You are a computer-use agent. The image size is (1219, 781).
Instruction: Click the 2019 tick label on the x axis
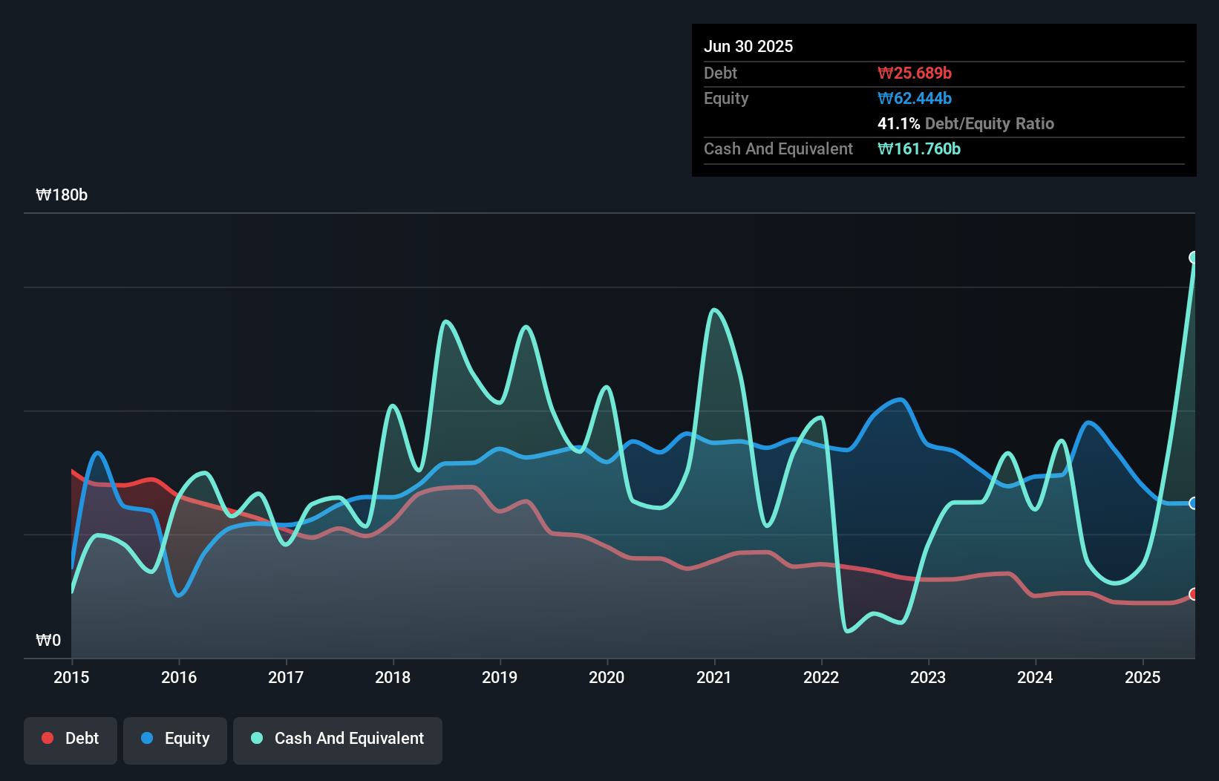[500, 677]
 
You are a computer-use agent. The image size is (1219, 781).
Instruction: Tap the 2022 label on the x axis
[821, 677]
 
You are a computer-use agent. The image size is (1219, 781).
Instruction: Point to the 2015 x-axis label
[71, 677]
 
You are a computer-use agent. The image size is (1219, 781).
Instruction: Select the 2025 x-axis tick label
[1143, 677]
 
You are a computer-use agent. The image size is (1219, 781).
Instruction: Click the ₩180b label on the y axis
[62, 195]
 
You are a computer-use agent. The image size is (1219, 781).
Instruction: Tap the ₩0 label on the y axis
[48, 640]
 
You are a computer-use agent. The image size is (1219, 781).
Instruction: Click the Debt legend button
[71, 739]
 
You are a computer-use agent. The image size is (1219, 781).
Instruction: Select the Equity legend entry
[175, 739]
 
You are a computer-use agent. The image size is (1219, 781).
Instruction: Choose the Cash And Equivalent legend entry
[338, 739]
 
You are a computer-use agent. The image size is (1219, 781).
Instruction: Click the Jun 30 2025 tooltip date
[748, 46]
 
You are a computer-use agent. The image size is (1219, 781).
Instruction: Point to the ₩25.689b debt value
[915, 73]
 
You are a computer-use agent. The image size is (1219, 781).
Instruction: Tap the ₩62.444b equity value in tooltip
[915, 98]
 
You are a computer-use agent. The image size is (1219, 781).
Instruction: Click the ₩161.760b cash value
[919, 148]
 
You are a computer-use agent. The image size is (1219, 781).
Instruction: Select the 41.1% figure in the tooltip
[898, 123]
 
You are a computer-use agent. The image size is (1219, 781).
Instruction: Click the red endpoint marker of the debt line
[1194, 594]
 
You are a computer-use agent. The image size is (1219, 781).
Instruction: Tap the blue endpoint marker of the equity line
[1194, 503]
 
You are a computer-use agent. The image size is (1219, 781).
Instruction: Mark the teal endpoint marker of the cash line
[1194, 258]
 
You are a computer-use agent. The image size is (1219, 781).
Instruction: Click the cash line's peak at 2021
[714, 310]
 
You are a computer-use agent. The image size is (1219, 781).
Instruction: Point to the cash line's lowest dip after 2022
[848, 631]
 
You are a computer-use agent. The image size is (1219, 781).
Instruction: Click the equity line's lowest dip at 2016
[178, 595]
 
